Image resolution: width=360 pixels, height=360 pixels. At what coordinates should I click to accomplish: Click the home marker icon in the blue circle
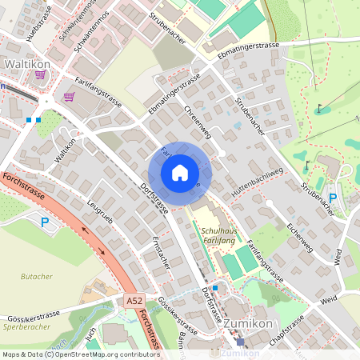click(180, 173)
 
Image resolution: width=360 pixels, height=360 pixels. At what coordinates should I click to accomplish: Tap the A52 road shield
click(135, 301)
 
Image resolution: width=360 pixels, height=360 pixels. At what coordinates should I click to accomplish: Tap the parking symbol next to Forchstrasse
click(46, 222)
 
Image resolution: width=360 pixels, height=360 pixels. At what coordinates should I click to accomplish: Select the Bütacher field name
click(35, 275)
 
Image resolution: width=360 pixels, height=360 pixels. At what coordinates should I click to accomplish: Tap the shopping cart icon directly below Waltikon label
click(39, 74)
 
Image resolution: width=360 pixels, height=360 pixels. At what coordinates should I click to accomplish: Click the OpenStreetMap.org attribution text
click(104, 354)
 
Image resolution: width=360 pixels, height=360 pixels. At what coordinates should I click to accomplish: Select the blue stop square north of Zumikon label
click(214, 286)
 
